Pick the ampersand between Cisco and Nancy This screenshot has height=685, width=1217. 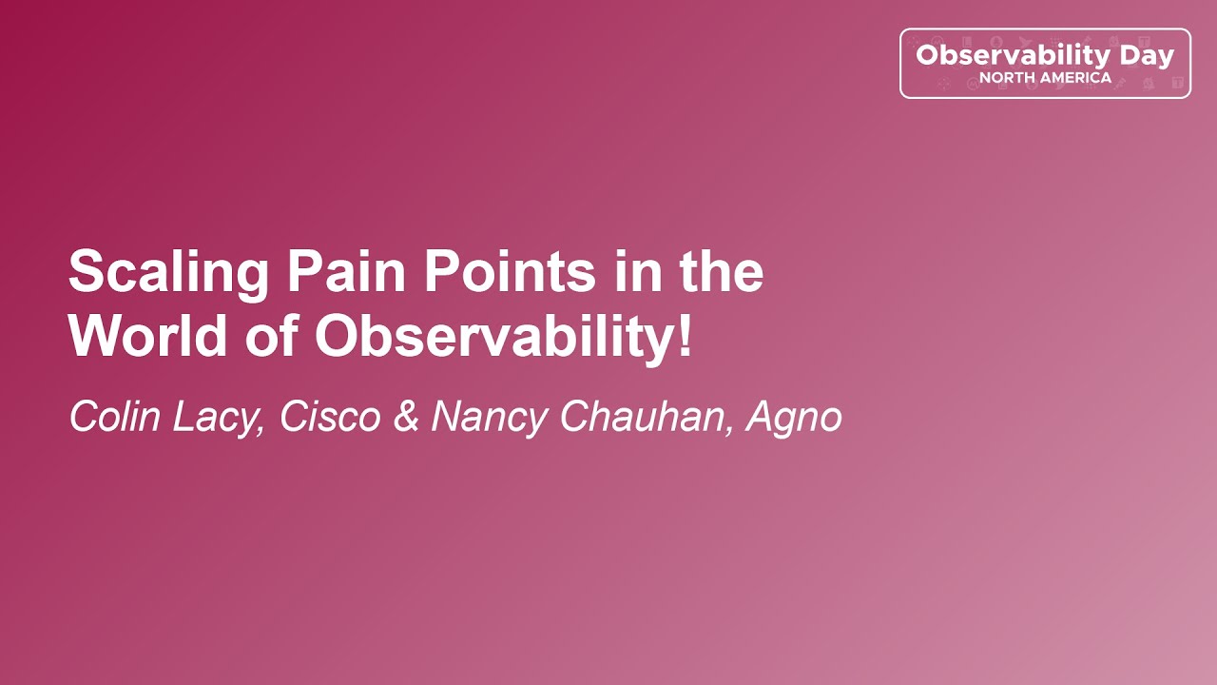406,417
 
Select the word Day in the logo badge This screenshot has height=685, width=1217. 1147,56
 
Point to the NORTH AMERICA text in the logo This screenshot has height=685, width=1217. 1045,78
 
